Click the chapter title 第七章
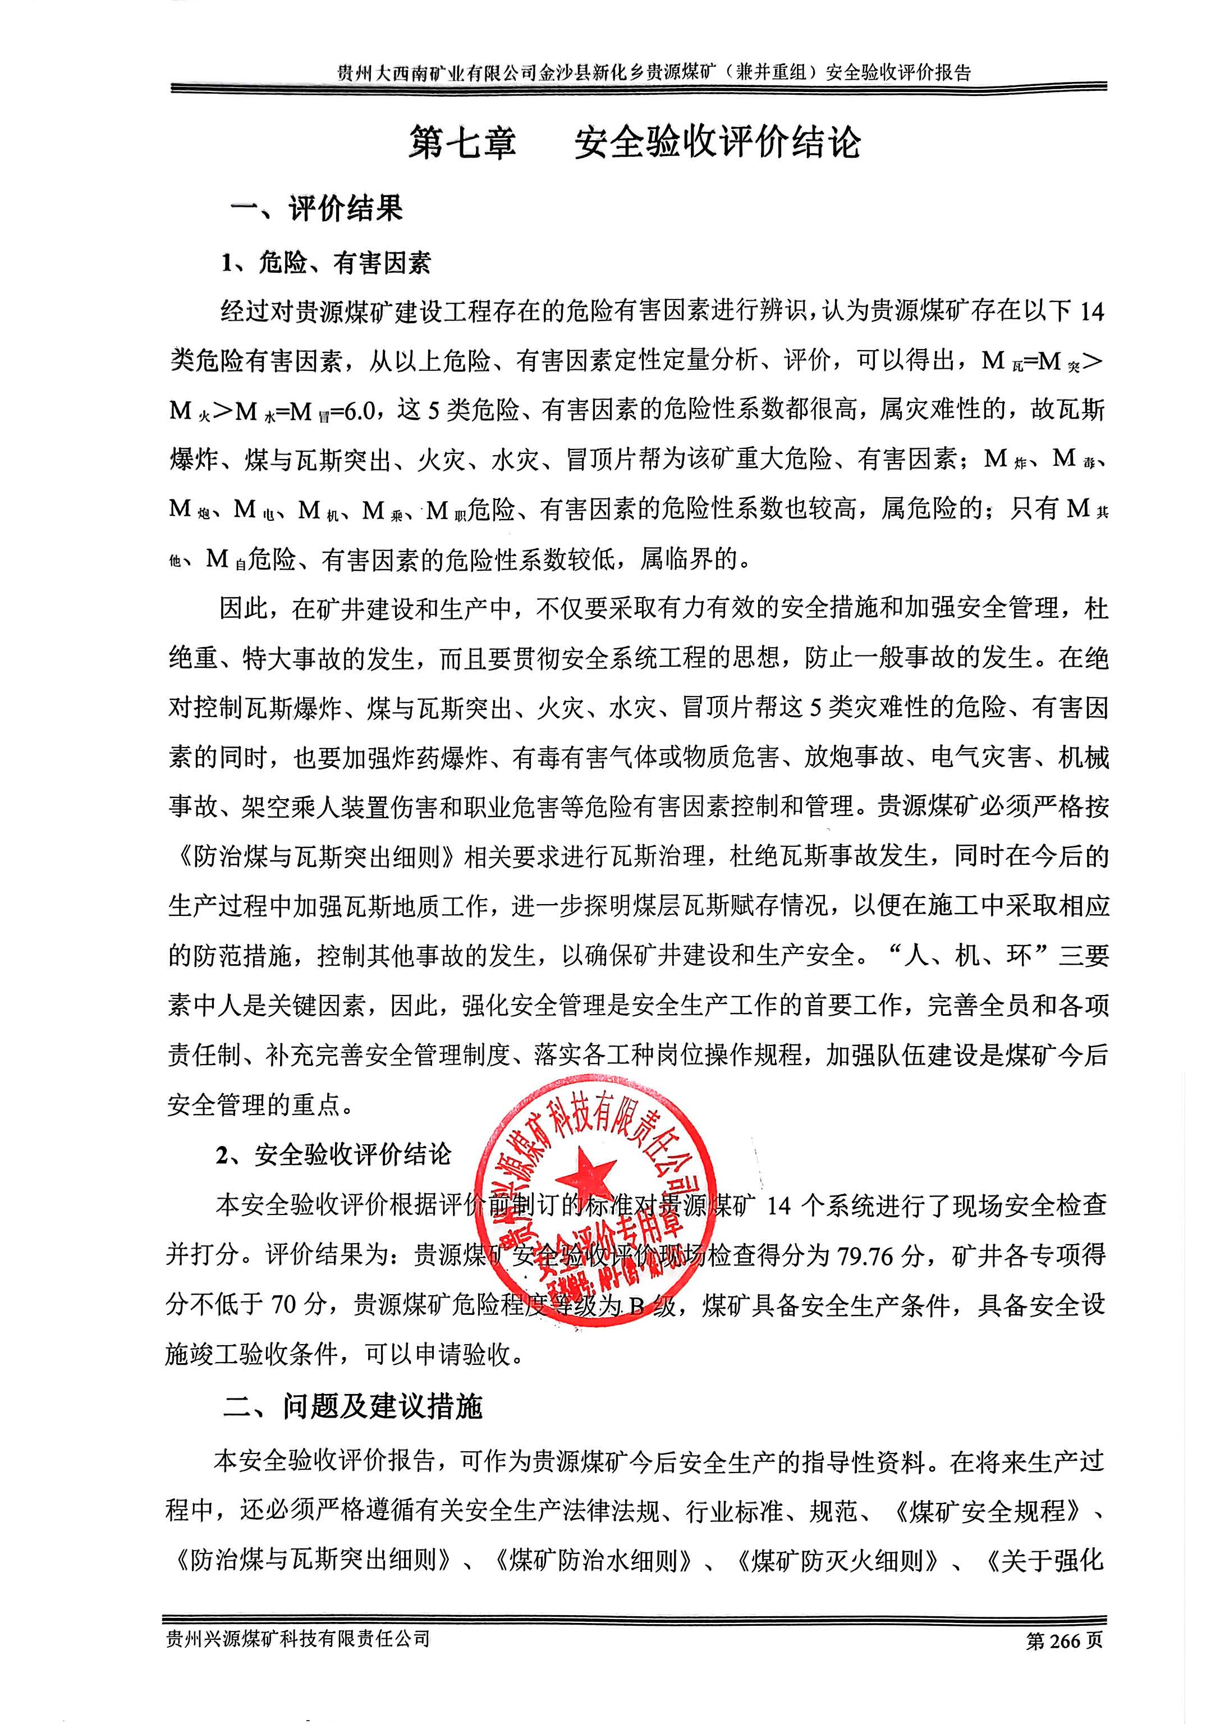tap(462, 143)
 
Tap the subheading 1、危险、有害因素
tap(325, 263)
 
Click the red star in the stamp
tap(592, 1179)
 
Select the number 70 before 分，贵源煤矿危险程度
tap(284, 1305)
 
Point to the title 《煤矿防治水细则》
tap(593, 1560)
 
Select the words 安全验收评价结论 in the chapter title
tap(717, 143)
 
